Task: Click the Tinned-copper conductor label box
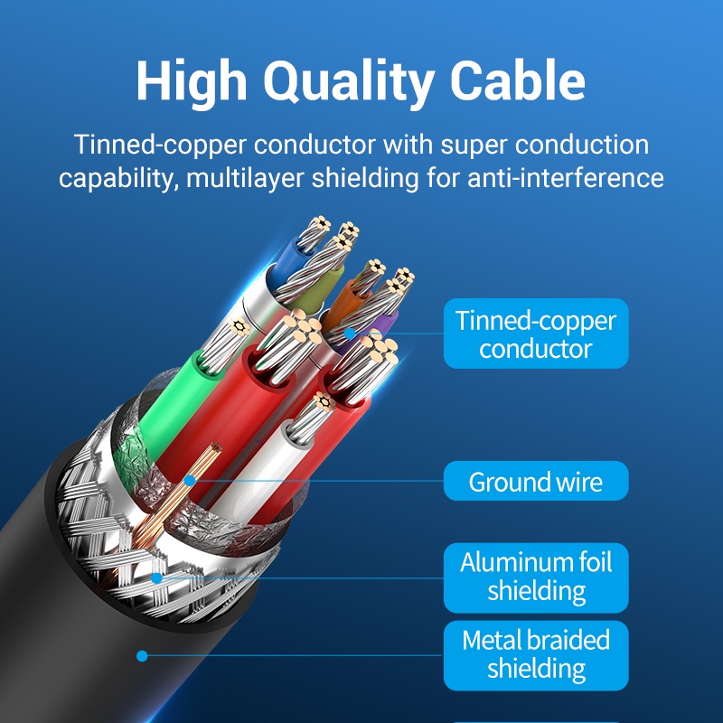[x=535, y=333]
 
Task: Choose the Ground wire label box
[x=535, y=482]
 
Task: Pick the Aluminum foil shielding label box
[x=535, y=577]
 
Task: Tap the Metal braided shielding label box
[x=535, y=654]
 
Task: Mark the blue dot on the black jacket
[x=141, y=655]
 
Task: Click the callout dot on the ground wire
[x=190, y=482]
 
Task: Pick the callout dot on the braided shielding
[x=156, y=577]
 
